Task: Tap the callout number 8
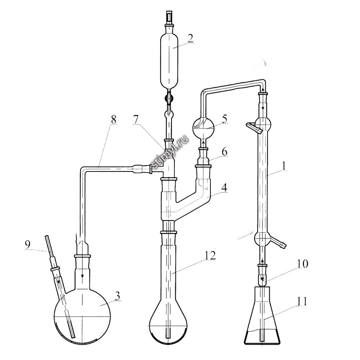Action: pos(114,120)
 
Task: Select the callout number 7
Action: pos(136,120)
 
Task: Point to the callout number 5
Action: pos(224,119)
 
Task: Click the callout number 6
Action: pos(224,152)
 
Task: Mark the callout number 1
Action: pos(284,166)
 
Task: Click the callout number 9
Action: pos(27,245)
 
